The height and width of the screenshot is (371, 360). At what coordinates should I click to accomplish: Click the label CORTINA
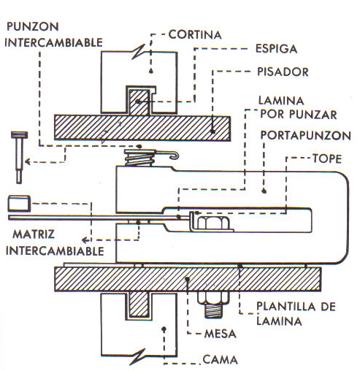[x=195, y=34]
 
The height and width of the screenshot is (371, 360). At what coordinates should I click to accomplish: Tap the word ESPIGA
[x=276, y=49]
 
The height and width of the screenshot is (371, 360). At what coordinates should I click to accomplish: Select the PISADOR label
[x=283, y=72]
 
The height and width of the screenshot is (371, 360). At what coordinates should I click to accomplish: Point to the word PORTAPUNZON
[x=305, y=135]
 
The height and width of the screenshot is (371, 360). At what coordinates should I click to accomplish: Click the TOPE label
[x=327, y=158]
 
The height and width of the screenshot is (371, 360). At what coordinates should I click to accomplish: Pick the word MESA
[x=221, y=334]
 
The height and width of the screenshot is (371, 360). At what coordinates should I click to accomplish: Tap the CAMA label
[x=220, y=359]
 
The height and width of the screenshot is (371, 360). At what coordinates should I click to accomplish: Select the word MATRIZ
[x=34, y=234]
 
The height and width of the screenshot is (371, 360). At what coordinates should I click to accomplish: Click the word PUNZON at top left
[x=33, y=26]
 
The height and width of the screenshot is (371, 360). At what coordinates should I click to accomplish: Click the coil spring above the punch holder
[x=139, y=158]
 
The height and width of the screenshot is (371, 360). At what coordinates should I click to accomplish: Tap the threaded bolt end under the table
[x=213, y=310]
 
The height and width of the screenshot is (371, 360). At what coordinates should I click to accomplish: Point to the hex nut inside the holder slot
[x=212, y=223]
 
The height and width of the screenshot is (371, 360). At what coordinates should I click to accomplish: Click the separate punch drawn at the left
[x=19, y=157]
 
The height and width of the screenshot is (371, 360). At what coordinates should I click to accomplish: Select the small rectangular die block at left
[x=19, y=203]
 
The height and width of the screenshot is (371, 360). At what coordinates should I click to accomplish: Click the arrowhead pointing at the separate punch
[x=28, y=161]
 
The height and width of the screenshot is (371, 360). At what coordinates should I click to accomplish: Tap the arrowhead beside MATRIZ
[x=85, y=240]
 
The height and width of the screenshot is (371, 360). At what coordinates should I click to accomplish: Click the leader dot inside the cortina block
[x=151, y=71]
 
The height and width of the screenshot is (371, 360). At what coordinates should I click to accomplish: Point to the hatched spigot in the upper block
[x=139, y=102]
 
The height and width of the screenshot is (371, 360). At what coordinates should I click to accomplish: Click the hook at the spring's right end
[x=175, y=156]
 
